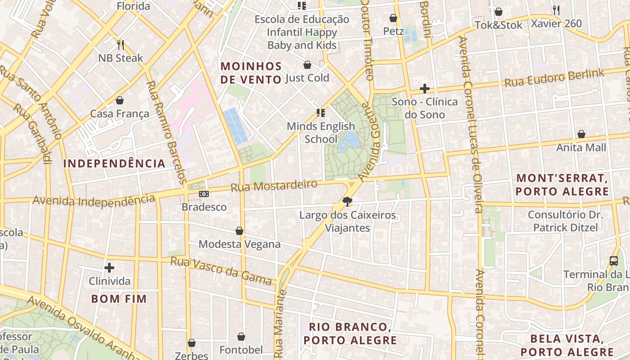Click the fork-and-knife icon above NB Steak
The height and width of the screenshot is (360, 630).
click(120, 45)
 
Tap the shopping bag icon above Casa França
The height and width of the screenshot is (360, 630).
click(120, 100)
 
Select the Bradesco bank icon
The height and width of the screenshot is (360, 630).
click(204, 194)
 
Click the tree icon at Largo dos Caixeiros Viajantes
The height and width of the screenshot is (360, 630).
click(347, 202)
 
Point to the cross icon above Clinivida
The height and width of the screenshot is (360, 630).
click(109, 268)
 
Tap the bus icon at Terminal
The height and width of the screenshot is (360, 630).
click(613, 261)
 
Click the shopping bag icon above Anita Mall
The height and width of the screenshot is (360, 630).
click(581, 134)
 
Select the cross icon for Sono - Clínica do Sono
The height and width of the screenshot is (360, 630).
click(424, 89)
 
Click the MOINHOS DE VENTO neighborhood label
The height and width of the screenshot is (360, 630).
click(251, 73)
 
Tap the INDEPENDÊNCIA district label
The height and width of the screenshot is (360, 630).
click(114, 163)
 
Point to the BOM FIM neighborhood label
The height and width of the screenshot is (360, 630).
click(119, 299)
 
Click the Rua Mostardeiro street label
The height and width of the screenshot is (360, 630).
click(274, 185)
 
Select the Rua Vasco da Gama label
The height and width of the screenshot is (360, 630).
click(221, 270)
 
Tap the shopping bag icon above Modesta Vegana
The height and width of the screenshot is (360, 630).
click(239, 231)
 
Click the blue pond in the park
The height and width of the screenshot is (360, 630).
click(350, 141)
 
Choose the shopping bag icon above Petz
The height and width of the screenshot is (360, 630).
click(393, 18)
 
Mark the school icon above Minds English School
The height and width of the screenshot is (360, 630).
click(321, 112)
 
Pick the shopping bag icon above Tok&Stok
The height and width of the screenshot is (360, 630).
click(498, 12)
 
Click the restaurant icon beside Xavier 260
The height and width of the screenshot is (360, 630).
click(556, 10)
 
